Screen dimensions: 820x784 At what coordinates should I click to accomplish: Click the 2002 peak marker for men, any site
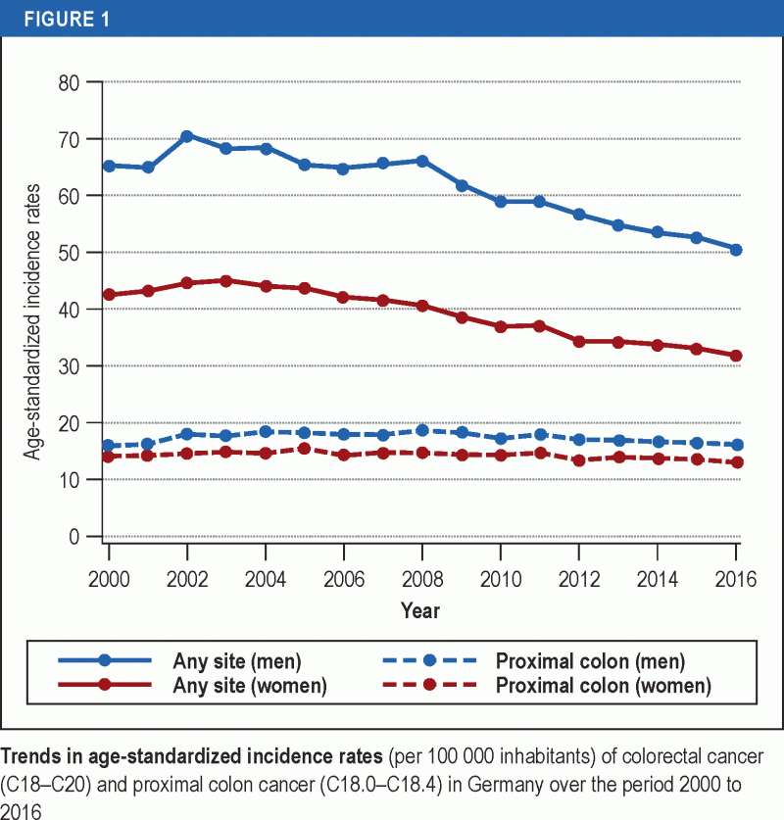(x=187, y=136)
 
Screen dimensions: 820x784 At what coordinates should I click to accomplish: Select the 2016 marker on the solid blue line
(x=736, y=250)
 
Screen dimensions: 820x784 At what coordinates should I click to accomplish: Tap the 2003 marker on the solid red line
(x=226, y=281)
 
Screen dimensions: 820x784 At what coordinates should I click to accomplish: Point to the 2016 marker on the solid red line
(x=736, y=356)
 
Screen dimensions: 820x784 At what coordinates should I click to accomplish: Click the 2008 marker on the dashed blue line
(x=422, y=430)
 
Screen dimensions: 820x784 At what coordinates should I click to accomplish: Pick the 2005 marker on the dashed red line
(x=305, y=449)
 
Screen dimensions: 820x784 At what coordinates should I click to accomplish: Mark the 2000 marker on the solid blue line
(x=109, y=166)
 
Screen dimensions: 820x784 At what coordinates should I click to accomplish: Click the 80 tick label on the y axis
(x=68, y=82)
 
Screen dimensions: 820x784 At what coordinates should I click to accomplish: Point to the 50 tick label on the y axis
(x=68, y=253)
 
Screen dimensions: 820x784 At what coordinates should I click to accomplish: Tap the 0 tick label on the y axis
(x=73, y=537)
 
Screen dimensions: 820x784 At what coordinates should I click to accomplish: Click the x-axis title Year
(x=420, y=610)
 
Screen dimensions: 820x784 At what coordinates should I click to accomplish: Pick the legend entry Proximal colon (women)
(x=603, y=685)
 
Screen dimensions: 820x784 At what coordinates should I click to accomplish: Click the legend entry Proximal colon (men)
(x=590, y=661)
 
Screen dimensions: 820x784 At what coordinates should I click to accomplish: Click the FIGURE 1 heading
(x=58, y=19)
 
